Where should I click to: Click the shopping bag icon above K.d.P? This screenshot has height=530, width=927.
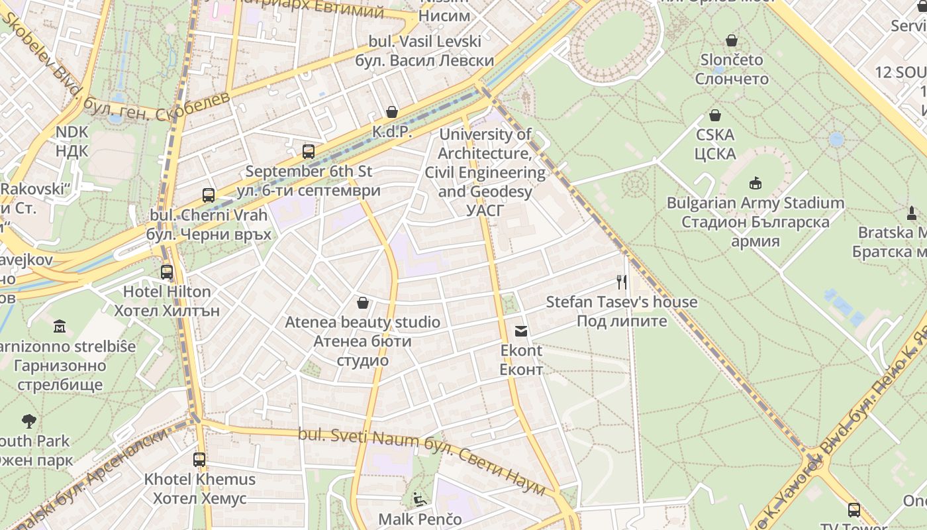(392, 112)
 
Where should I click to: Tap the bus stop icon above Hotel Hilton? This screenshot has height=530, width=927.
(167, 272)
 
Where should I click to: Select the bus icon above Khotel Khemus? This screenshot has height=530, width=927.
(199, 459)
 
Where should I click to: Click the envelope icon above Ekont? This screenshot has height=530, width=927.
(521, 331)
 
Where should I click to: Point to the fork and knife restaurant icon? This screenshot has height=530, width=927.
(621, 282)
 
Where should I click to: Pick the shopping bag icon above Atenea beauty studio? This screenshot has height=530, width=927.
(363, 303)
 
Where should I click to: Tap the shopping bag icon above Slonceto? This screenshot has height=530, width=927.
(732, 40)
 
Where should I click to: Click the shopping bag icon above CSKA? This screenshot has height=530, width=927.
(715, 115)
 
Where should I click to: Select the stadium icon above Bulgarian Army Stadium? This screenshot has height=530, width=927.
(756, 183)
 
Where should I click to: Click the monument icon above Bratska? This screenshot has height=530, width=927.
(912, 213)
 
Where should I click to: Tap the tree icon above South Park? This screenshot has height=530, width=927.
(28, 421)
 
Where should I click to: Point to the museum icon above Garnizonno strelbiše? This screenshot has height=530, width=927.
(60, 326)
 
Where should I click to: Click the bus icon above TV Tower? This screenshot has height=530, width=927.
(854, 509)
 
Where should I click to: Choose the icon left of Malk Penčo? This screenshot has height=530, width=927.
(419, 498)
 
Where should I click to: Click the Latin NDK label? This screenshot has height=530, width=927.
(72, 132)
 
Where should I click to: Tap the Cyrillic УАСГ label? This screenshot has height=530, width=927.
(485, 211)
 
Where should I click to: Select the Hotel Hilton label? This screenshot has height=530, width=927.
(167, 291)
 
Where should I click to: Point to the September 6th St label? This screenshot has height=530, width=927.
(309, 171)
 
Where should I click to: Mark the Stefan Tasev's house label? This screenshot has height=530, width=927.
(621, 302)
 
